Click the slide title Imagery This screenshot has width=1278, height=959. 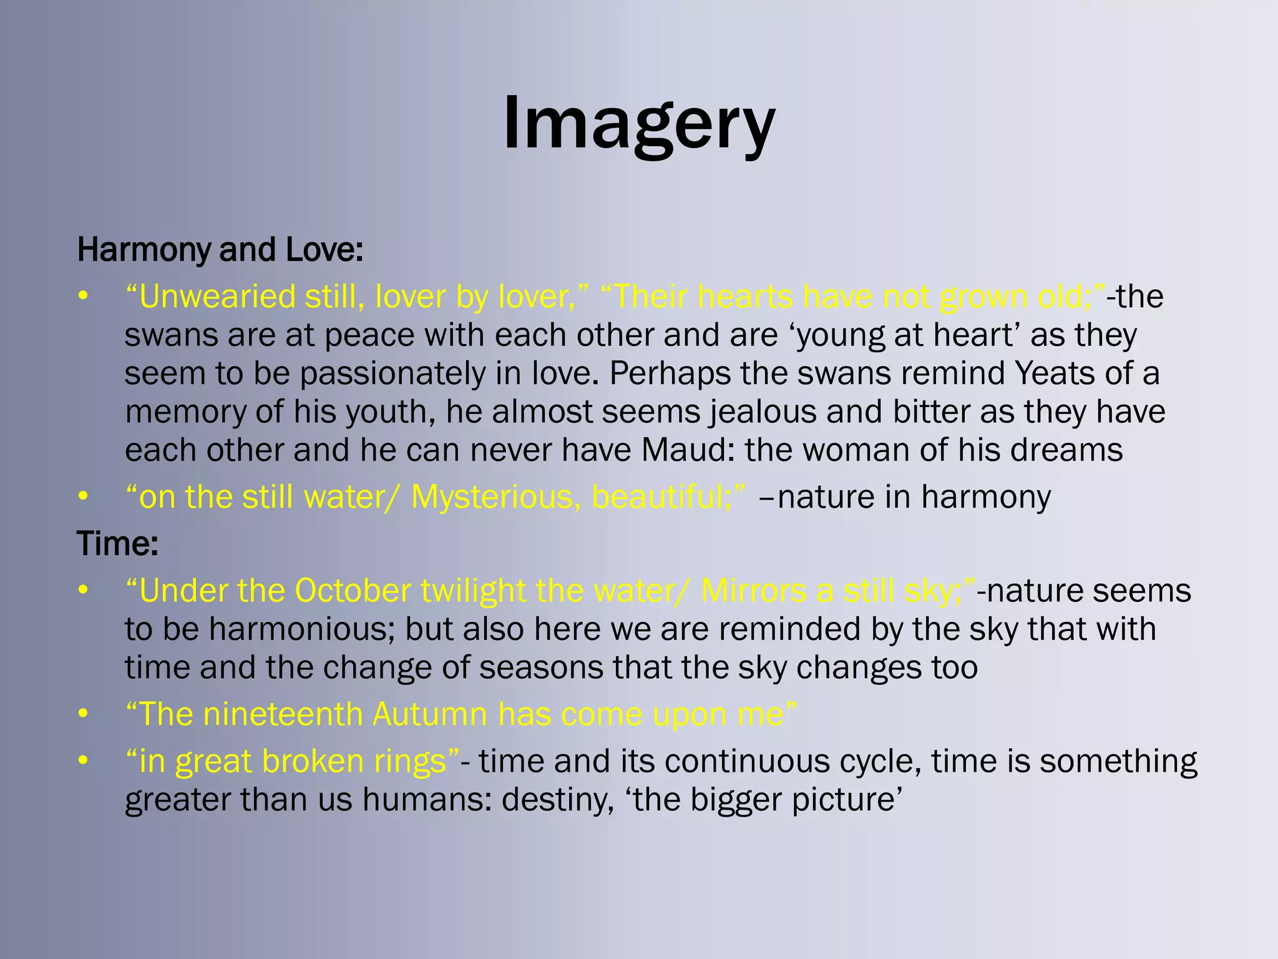pos(638,123)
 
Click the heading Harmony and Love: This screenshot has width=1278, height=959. pos(220,250)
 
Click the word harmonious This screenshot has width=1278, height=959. pos(302,629)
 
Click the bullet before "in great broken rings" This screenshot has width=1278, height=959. pos(83,761)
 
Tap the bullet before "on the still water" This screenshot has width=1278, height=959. pos(83,497)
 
